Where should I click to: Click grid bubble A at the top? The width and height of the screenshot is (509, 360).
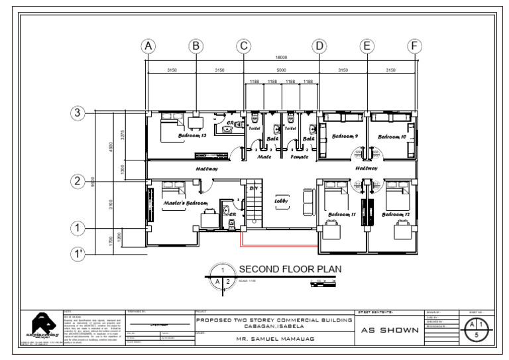pyautogui.click(x=148, y=46)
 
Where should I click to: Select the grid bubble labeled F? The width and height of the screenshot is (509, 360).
pyautogui.click(x=414, y=46)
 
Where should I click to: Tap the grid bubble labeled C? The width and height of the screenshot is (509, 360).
pyautogui.click(x=244, y=46)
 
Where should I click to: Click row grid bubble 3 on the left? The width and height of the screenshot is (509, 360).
pyautogui.click(x=78, y=113)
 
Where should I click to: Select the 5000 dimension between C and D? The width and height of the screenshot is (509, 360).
pyautogui.click(x=281, y=70)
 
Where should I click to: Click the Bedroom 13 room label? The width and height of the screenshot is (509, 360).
pyautogui.click(x=192, y=135)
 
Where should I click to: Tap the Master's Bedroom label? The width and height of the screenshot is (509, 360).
pyautogui.click(x=186, y=203)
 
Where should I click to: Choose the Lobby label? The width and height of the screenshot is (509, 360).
pyautogui.click(x=281, y=201)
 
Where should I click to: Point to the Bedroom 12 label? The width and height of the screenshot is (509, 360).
pyautogui.click(x=396, y=215)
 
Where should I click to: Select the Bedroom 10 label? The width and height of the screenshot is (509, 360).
pyautogui.click(x=392, y=137)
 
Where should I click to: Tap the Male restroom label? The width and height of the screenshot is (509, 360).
pyautogui.click(x=264, y=157)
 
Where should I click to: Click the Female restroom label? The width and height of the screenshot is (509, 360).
pyautogui.click(x=300, y=157)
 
